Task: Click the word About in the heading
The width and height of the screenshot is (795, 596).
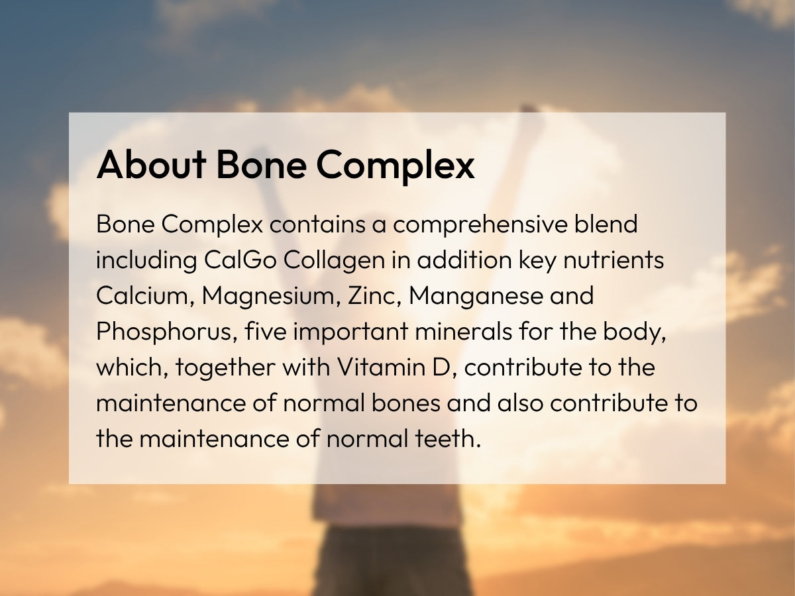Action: (x=152, y=165)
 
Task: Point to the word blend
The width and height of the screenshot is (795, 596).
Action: (x=606, y=223)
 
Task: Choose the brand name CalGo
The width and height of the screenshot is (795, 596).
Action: (x=240, y=259)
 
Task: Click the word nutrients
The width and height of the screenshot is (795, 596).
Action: (x=613, y=260)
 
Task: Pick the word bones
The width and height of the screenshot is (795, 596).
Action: (x=406, y=403)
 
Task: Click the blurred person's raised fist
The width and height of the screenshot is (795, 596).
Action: (x=528, y=110)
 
